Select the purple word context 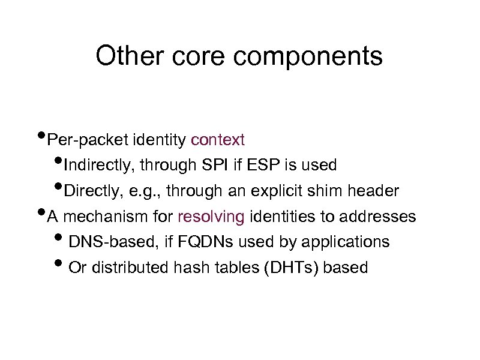(218, 140)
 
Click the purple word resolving (211, 217)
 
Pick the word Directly (88, 191)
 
